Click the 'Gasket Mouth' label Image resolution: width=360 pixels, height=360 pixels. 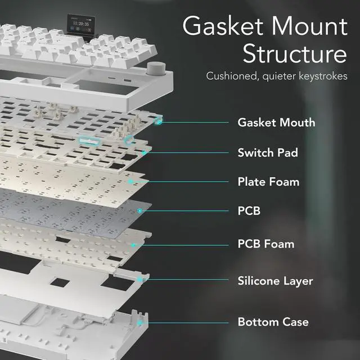coord(276,123)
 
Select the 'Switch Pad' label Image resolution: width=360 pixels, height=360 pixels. coord(268,152)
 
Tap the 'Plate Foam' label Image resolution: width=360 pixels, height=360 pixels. coord(268,182)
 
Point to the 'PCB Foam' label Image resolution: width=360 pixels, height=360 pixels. coord(266,244)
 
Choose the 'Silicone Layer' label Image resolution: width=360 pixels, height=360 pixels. coord(275,281)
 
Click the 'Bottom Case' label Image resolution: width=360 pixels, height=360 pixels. coord(273,322)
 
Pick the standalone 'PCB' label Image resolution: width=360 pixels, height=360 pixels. coord(249,211)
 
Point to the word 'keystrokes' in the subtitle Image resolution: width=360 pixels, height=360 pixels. coord(323,76)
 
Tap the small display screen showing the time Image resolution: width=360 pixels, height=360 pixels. coord(81,24)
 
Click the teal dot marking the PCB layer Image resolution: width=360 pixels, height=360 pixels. coord(139,210)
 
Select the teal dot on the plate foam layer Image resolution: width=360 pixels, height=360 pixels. coord(130,182)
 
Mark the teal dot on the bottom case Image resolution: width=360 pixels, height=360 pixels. coord(139,323)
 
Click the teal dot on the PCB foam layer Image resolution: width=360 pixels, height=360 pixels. coord(133,245)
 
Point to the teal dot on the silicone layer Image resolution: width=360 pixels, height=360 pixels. coord(139,280)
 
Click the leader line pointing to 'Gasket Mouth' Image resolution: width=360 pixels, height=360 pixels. coord(195,123)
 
